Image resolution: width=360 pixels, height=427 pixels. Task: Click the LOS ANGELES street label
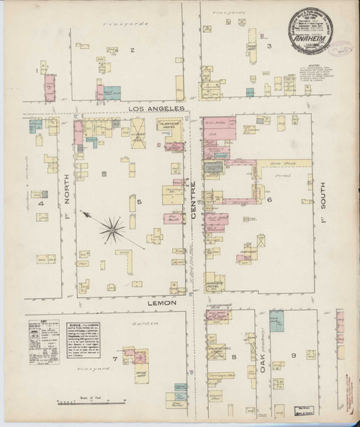156,108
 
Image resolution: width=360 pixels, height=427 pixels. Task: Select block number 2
132,50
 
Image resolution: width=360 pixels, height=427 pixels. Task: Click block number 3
269,47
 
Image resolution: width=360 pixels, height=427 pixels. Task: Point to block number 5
140,202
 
